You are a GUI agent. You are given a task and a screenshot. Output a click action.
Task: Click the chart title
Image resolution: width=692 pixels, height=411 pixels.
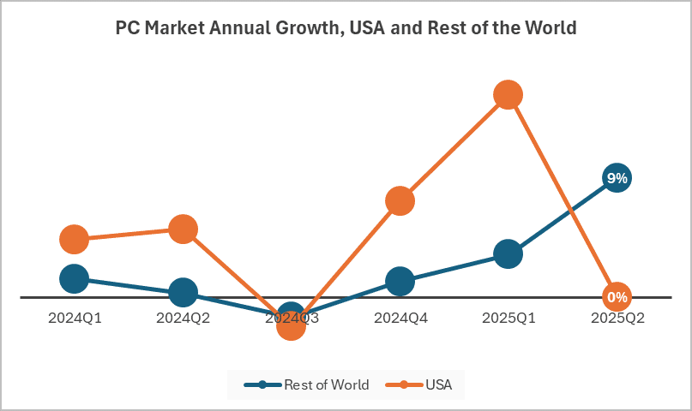346,27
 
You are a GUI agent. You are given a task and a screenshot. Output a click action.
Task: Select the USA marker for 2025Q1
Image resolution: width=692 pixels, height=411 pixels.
508,94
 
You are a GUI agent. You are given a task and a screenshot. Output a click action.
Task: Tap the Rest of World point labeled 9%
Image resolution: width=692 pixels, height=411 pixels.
617,178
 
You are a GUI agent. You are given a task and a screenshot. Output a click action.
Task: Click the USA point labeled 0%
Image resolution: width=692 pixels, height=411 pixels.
617,297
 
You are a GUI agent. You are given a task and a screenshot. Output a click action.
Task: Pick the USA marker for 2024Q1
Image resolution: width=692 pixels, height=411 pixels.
75,240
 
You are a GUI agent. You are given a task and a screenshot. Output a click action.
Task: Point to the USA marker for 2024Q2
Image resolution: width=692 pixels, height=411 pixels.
183,229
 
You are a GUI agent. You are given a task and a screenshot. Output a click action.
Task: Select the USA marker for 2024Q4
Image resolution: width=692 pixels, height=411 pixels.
400,201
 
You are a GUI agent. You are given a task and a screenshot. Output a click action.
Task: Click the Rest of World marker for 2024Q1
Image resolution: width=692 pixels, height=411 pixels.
75,278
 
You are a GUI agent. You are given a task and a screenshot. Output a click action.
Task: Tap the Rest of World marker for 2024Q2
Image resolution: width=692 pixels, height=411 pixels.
183,292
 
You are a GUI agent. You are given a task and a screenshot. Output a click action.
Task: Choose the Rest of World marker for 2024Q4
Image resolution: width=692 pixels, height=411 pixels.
400,280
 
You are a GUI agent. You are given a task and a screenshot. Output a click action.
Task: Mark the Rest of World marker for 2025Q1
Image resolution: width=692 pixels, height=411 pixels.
508,254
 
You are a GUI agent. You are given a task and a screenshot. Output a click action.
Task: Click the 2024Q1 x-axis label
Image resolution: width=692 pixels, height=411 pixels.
75,318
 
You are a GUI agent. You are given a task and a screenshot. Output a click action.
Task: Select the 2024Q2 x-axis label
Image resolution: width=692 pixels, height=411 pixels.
183,318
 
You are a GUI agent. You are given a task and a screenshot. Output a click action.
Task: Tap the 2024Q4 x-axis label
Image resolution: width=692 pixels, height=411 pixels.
400,318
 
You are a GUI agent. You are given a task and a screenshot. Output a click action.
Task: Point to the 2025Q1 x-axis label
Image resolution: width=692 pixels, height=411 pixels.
508,318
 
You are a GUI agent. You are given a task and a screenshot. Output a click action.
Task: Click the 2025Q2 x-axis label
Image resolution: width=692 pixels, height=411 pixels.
617,318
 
